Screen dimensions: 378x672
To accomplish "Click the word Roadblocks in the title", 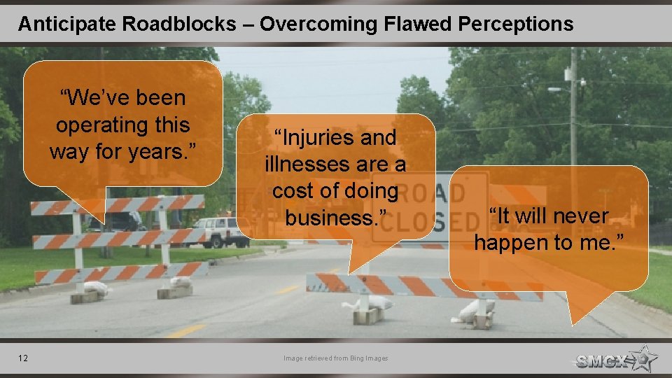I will click(x=178, y=24).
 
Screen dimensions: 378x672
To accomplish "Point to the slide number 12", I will click(x=24, y=358).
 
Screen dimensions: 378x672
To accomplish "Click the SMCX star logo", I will click(x=616, y=359).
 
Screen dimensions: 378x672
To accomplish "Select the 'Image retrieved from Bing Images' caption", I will click(x=335, y=358).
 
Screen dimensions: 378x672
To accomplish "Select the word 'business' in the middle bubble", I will click(x=331, y=218).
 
